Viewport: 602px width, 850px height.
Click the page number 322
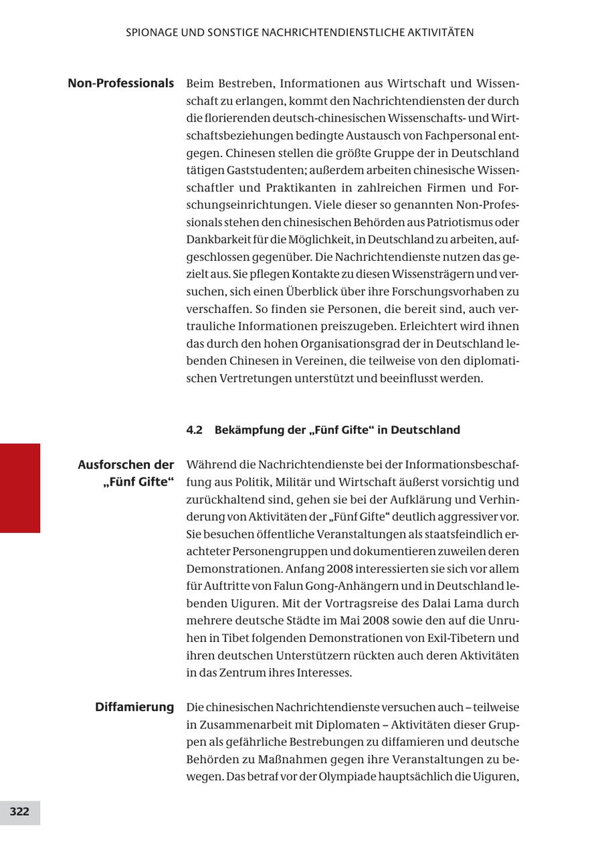pyautogui.click(x=19, y=812)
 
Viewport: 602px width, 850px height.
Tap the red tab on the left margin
pyautogui.click(x=19, y=488)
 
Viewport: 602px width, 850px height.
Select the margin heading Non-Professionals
pyautogui.click(x=120, y=84)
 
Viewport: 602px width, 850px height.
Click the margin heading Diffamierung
pyautogui.click(x=134, y=707)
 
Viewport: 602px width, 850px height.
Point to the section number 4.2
pyautogui.click(x=194, y=430)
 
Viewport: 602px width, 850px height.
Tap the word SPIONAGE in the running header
pyautogui.click(x=150, y=32)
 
